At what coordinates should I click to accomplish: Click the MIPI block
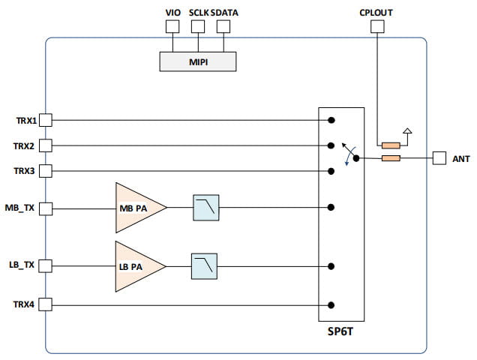pos(196,61)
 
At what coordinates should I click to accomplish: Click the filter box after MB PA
pos(205,207)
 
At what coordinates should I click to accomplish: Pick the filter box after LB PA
pos(205,264)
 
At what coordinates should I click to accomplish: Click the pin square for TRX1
pos(45,120)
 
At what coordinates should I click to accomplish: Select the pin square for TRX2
pos(45,145)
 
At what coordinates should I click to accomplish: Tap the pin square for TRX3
pos(45,171)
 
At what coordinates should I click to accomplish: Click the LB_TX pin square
pos(45,265)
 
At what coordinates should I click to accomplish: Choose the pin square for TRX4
pos(45,304)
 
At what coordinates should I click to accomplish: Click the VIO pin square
pos(172,26)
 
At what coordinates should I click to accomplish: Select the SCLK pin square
pos(198,26)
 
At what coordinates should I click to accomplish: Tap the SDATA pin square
pos(223,26)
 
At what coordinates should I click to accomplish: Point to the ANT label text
pos(460,159)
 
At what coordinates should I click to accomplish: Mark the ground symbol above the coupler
pos(407,133)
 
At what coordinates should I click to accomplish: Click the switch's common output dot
pos(356,158)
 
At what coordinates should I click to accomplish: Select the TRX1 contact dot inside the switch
pos(331,120)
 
